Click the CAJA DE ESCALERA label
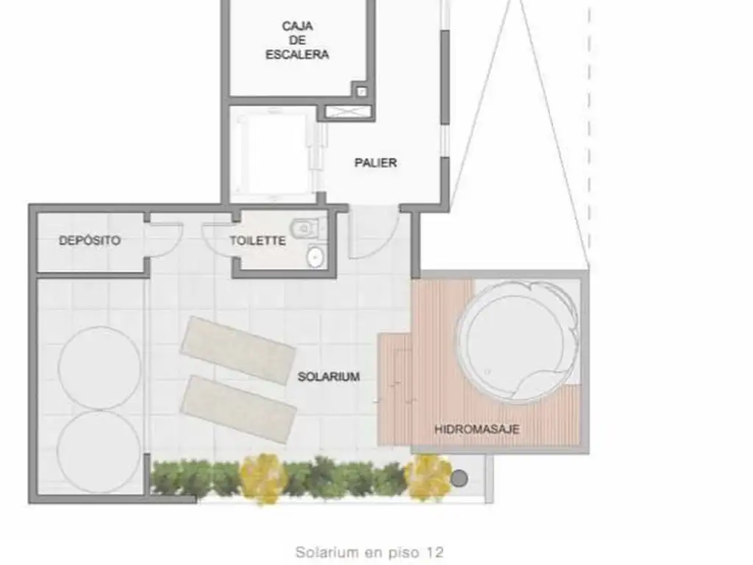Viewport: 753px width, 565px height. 297,40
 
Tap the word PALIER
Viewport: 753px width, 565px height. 376,163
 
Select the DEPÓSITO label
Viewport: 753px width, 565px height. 90,241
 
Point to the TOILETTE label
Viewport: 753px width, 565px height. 257,241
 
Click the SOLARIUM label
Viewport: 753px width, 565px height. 329,377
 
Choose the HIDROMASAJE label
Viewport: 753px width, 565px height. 477,429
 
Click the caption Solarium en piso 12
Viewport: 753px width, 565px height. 369,552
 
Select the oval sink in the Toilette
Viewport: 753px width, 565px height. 315,257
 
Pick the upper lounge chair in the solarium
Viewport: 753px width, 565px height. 238,349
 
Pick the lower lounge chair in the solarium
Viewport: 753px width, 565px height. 238,409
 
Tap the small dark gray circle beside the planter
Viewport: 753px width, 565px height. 460,478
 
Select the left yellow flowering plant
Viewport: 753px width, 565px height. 264,478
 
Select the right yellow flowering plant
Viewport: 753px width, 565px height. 427,477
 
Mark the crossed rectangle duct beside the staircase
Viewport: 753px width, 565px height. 348,112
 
